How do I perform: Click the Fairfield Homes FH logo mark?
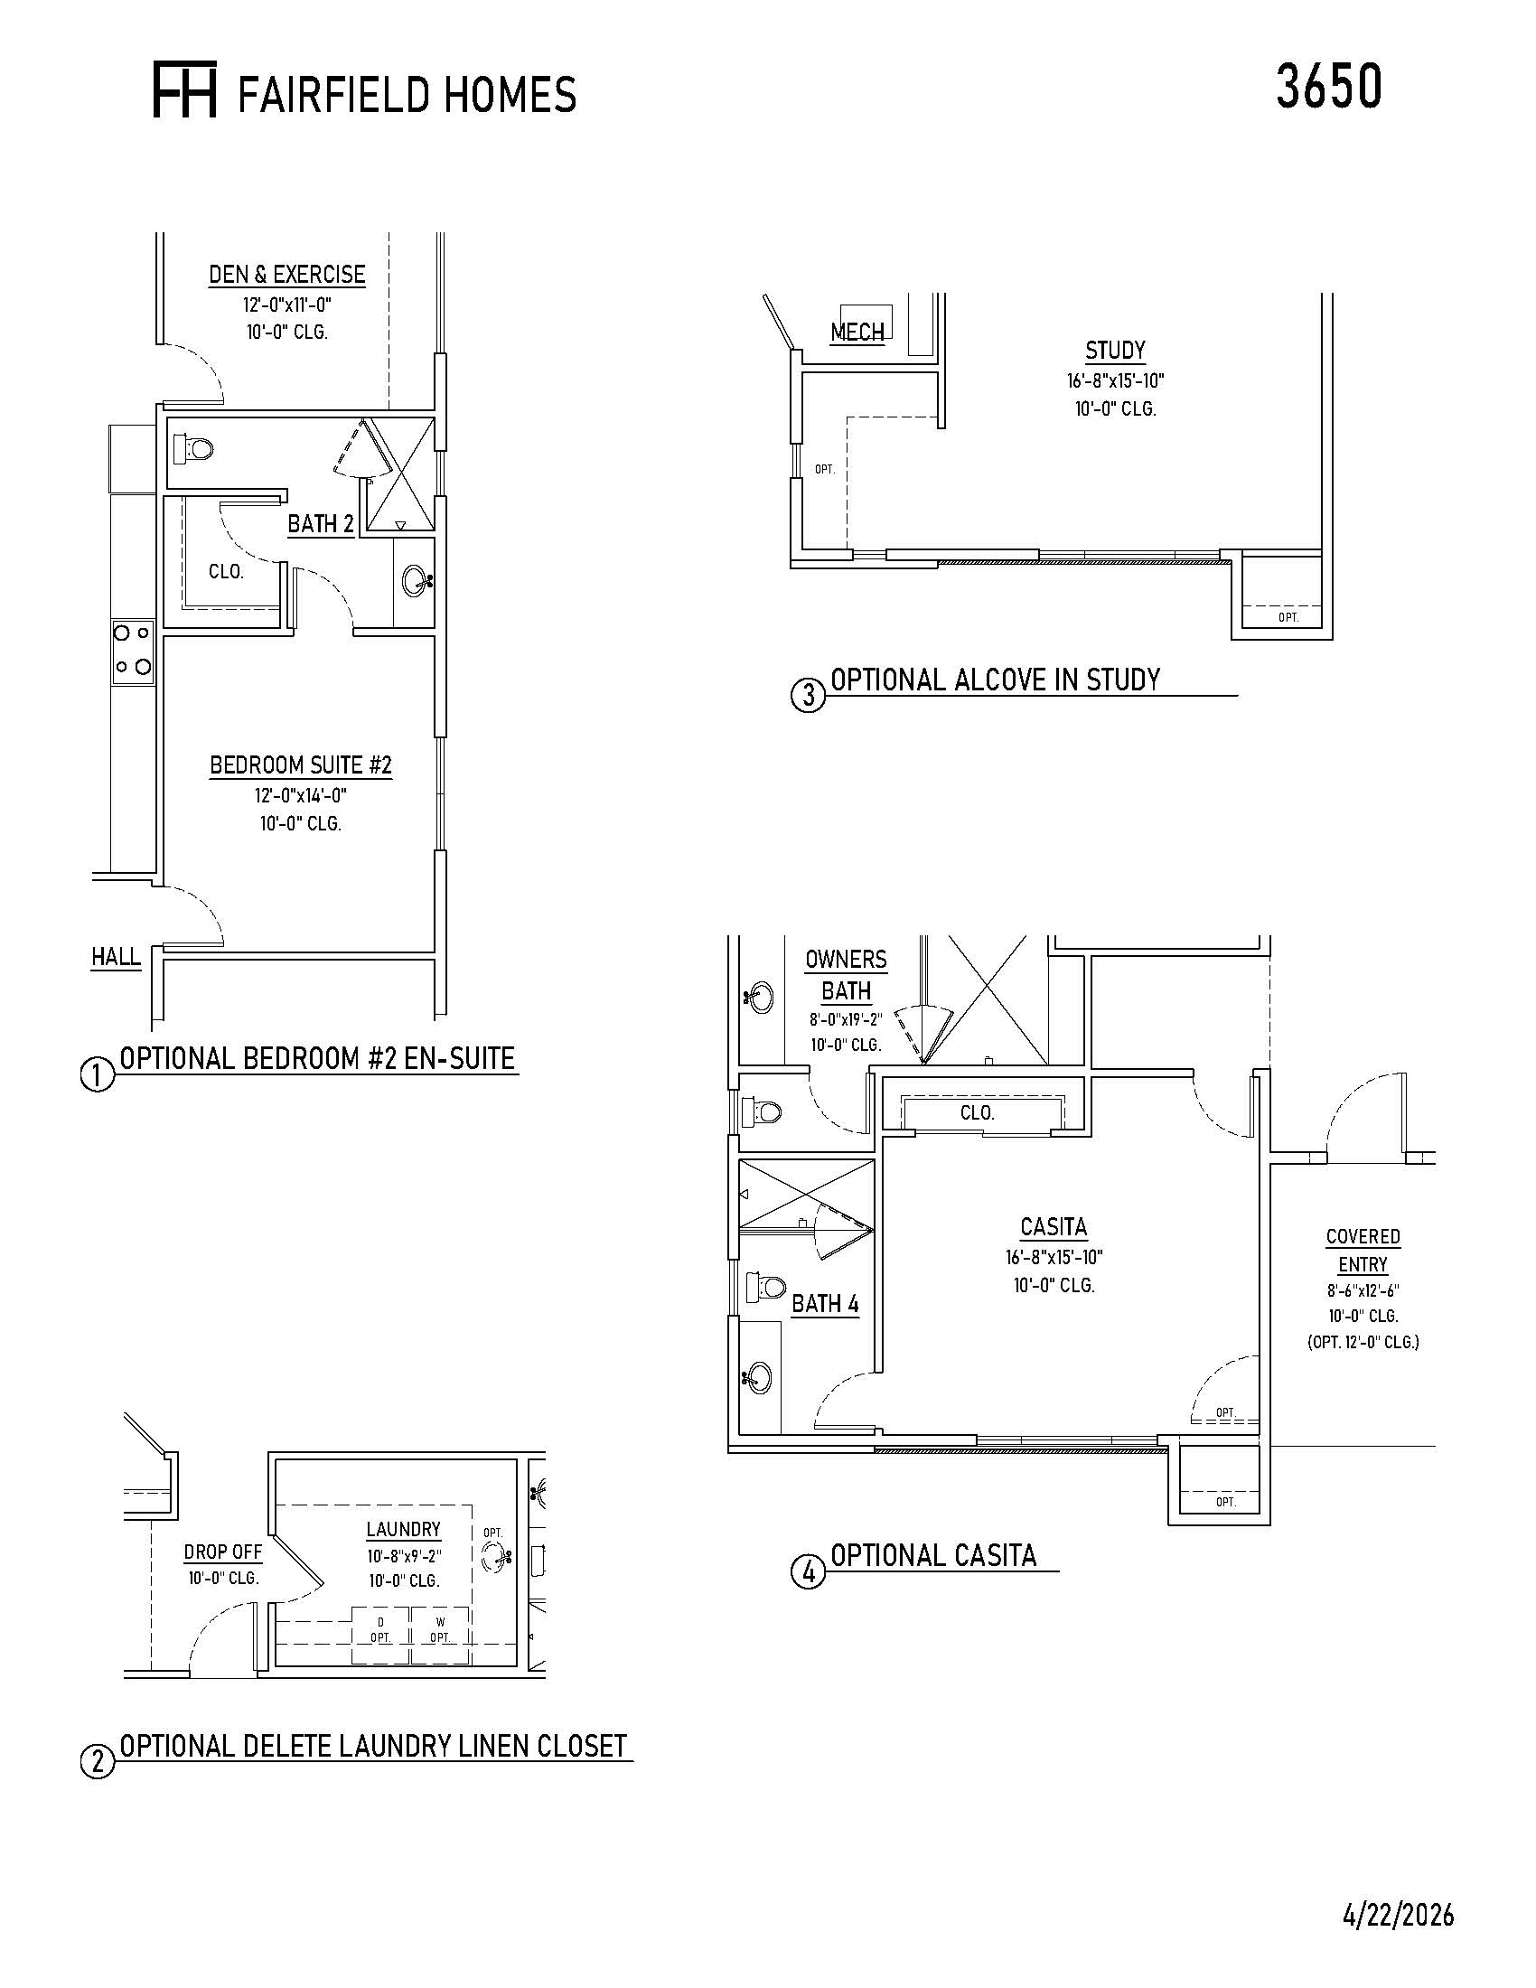pos(184,90)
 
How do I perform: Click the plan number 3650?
pos(1328,87)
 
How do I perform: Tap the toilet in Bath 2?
pos(193,448)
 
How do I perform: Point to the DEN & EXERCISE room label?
pos(286,275)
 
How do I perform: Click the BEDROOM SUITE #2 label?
pos(300,765)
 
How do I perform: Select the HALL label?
pos(116,957)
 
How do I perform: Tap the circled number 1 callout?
pos(98,1076)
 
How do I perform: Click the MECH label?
pos(857,333)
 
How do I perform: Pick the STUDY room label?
pos(1116,351)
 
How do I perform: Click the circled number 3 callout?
pos(808,698)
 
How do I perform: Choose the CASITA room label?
pos(1054,1228)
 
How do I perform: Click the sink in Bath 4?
pos(758,1378)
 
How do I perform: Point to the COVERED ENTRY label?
pos(1363,1251)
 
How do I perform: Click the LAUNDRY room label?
pos(403,1529)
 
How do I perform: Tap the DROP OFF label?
pos(223,1552)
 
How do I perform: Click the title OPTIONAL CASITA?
pos(933,1556)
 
